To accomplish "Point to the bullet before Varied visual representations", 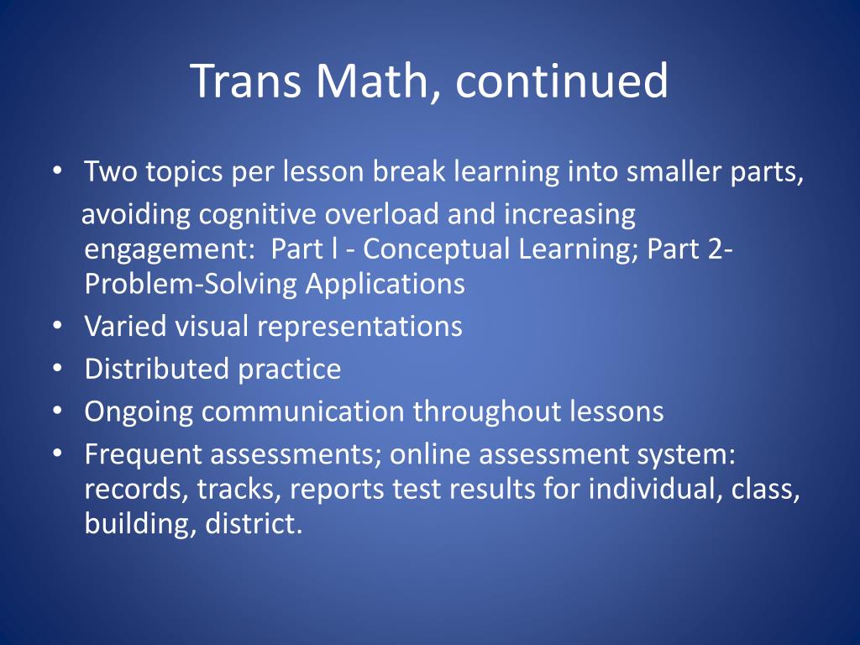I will [55, 325].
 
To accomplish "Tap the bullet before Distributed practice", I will [55, 368].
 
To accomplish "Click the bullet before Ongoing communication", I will [55, 411].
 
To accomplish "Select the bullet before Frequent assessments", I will [55, 454].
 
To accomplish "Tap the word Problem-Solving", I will [191, 284].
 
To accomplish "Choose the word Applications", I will [385, 284].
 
